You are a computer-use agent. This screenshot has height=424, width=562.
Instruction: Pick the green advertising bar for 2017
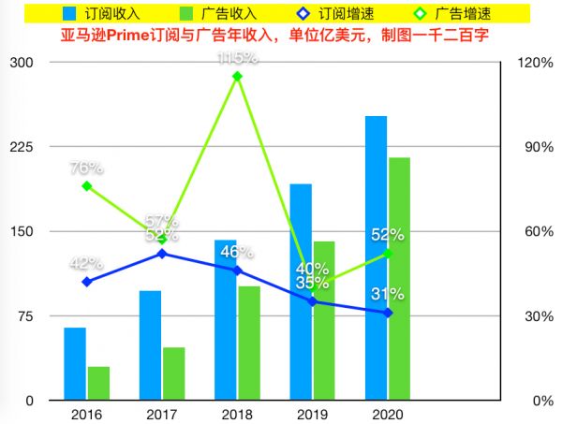point(173,373)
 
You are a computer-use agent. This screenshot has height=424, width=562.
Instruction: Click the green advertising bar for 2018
point(249,343)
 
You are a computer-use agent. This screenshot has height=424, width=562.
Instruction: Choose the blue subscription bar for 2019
point(300,291)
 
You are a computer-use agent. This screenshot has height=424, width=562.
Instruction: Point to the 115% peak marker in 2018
point(237,76)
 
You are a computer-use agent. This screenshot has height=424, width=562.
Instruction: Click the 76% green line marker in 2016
point(87,186)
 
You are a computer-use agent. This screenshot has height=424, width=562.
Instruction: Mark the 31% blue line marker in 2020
point(388,313)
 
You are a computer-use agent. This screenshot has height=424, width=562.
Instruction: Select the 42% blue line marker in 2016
point(87,282)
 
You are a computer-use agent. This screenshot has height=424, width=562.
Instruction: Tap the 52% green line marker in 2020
point(388,254)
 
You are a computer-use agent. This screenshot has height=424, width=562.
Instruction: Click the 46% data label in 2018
point(236,251)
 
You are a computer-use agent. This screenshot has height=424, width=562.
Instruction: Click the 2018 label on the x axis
point(238,414)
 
